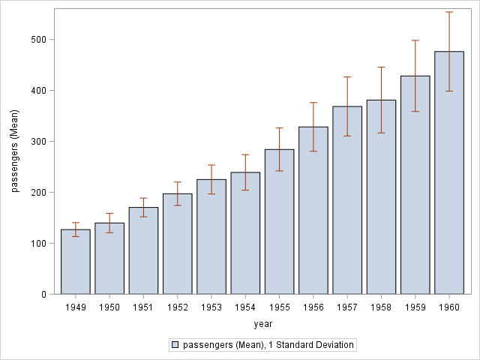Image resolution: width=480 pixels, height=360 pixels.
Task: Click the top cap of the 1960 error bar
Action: pos(449,12)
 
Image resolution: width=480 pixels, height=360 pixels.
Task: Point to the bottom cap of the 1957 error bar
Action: pos(347,136)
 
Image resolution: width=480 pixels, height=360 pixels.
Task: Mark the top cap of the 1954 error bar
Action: pos(245,154)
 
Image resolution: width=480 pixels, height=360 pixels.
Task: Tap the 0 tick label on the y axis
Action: pos(44,294)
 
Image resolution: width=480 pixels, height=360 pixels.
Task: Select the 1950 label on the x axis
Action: pos(109,307)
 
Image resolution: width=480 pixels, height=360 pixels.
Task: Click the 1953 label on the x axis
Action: pos(211,307)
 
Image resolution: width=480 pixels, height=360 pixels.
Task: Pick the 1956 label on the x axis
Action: pos(313,307)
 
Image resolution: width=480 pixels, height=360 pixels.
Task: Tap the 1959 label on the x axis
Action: pos(415,307)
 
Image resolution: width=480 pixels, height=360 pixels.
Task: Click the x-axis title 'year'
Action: pos(262,324)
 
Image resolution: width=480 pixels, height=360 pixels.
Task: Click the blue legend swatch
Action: pos(175,345)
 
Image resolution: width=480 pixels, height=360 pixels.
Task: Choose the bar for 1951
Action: pos(143,250)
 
